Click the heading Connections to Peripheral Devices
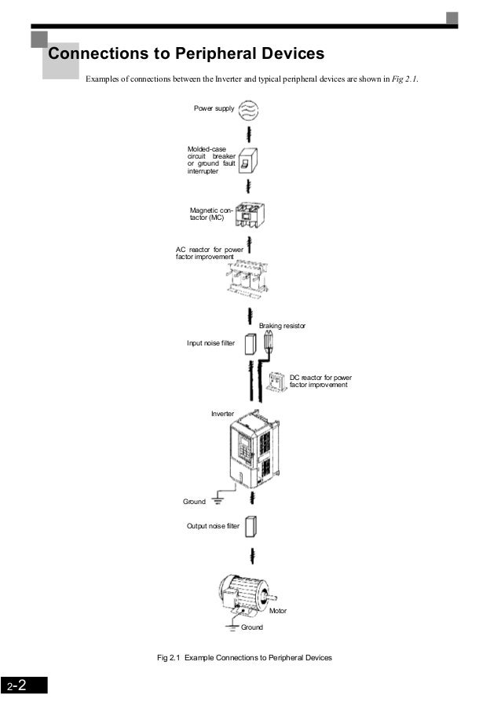coord(186,54)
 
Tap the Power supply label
coord(214,108)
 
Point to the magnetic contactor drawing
coord(250,214)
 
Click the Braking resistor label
coord(282,325)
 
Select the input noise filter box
coord(250,344)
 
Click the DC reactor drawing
coord(277,382)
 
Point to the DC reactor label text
coord(320,382)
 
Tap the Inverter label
coord(222,413)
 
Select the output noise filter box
coord(251,525)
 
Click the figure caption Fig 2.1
coord(244,656)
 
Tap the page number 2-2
coord(17,685)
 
